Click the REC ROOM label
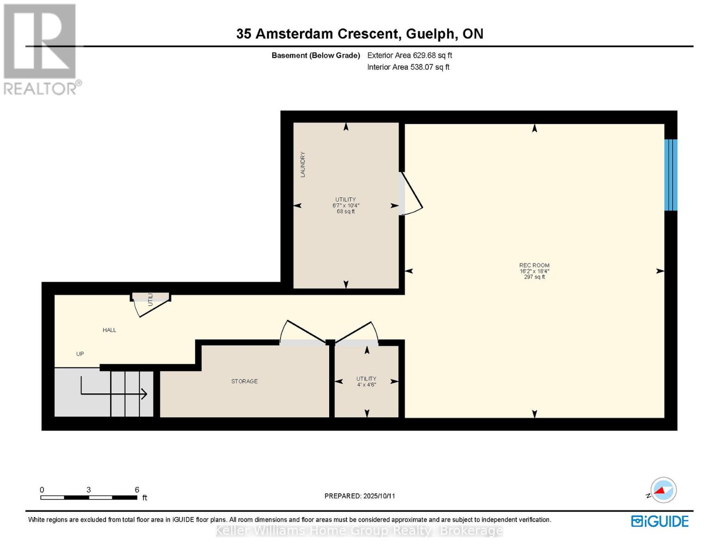coord(534,265)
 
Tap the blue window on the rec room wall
coord(671,175)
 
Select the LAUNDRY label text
coord(303,164)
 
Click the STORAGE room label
coord(244,381)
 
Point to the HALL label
coord(109,330)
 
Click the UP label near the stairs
coord(80,354)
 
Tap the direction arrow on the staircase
coord(113,393)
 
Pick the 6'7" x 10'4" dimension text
coord(346,205)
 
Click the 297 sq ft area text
coord(534,277)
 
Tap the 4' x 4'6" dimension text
coord(366,385)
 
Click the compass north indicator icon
coord(663,490)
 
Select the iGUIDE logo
coord(660,521)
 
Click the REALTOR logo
coord(41,49)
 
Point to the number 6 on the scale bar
coord(137,490)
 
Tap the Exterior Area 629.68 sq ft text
coord(409,55)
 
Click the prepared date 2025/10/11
coord(379,496)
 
